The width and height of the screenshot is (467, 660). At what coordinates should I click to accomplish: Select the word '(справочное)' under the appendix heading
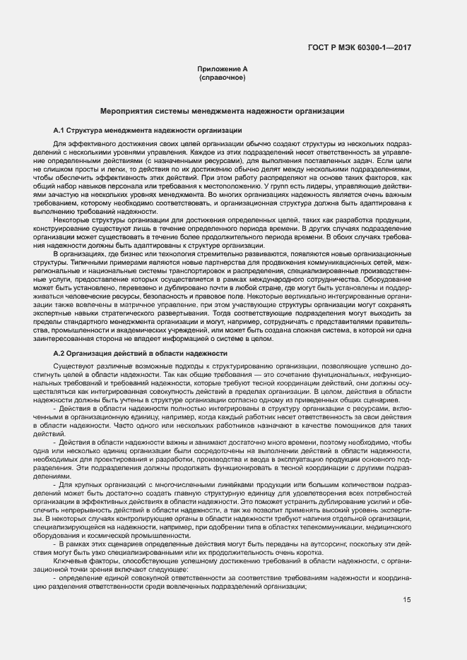(223, 76)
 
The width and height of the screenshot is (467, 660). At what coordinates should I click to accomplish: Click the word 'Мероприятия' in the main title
(125, 111)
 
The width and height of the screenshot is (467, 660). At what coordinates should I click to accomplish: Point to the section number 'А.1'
(59, 131)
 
